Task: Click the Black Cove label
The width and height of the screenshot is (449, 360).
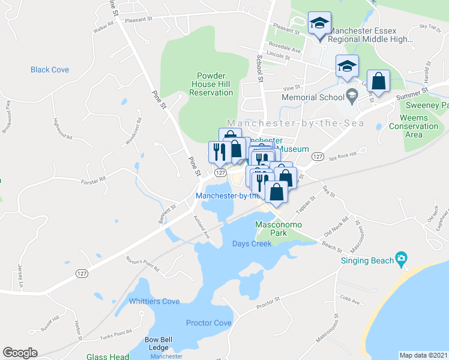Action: point(50,70)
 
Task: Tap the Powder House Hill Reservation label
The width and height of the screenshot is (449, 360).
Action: point(211,84)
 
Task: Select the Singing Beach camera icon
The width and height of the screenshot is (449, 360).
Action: point(402,260)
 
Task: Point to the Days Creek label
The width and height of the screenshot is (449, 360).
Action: point(252,244)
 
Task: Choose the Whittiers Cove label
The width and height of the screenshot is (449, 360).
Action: point(154,301)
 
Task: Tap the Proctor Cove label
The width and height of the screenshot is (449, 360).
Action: point(208,323)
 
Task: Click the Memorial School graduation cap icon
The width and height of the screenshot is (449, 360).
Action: point(352,94)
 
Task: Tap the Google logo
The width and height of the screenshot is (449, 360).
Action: point(20,353)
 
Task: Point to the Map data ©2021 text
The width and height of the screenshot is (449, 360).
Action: point(424,355)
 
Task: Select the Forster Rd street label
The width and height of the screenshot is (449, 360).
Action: point(94,179)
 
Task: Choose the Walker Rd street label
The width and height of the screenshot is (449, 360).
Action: point(103,27)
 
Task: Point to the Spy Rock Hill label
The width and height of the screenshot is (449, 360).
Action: point(344,155)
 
